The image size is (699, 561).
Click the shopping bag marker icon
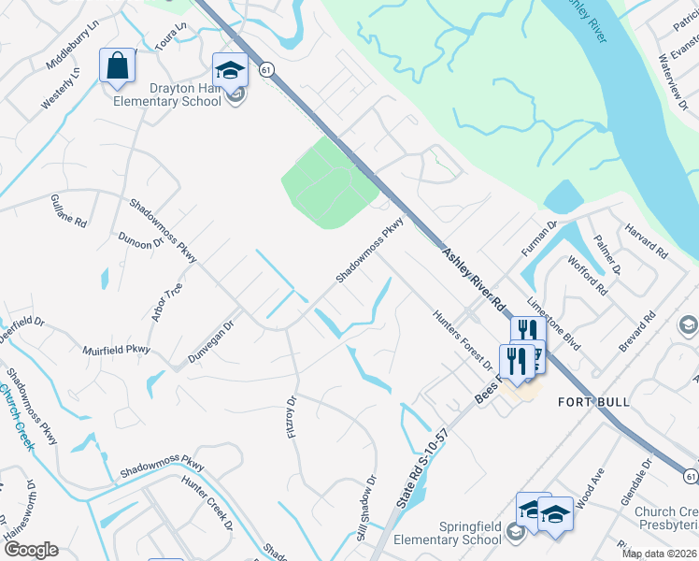117,66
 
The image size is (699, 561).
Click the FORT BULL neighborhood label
592,401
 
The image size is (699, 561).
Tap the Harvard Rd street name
648,240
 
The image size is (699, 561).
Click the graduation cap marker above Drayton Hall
230,70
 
